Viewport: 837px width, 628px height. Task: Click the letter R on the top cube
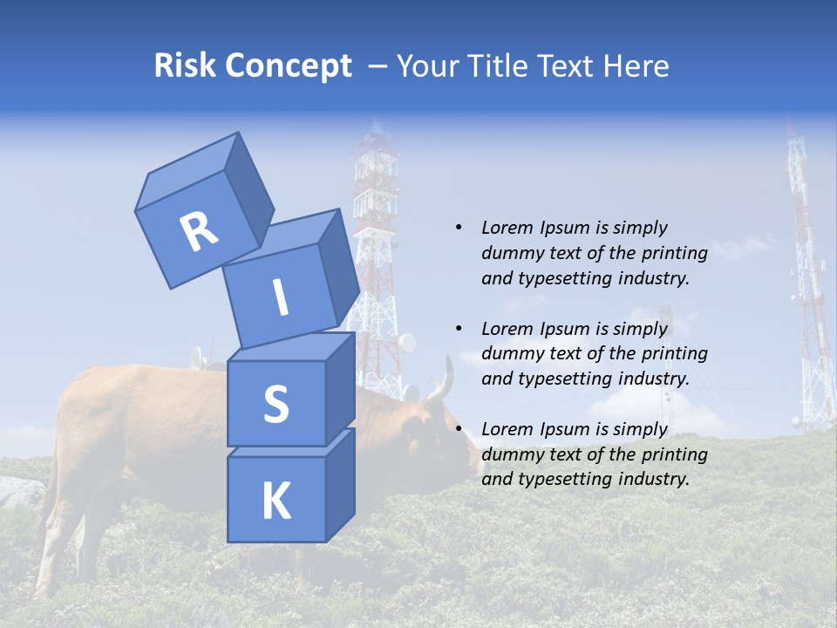[x=199, y=232]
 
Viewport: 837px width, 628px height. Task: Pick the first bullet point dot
[x=459, y=229]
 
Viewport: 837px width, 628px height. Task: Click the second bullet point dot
[x=459, y=330]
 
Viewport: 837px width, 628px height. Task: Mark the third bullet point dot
[x=459, y=430]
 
